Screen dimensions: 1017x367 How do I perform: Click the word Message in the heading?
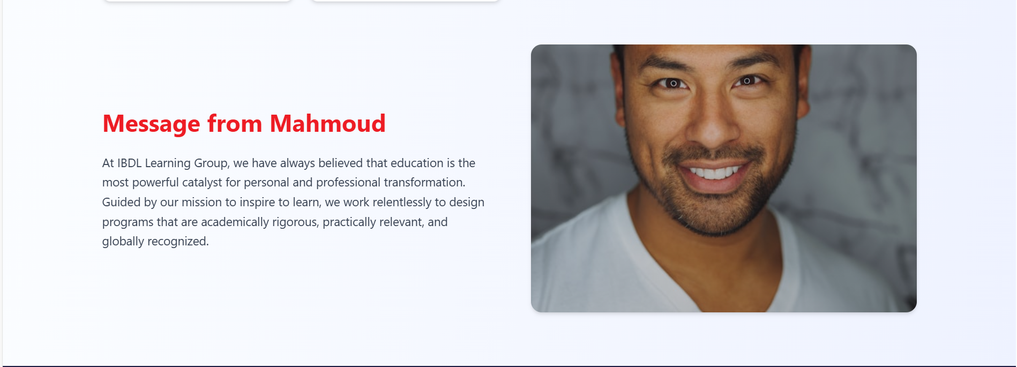click(151, 124)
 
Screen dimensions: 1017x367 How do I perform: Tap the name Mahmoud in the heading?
click(327, 124)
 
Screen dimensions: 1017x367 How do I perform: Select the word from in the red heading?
click(235, 124)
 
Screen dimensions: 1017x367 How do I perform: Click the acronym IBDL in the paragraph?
click(129, 163)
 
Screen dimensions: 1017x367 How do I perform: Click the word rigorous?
click(295, 222)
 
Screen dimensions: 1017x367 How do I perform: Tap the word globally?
click(123, 242)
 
